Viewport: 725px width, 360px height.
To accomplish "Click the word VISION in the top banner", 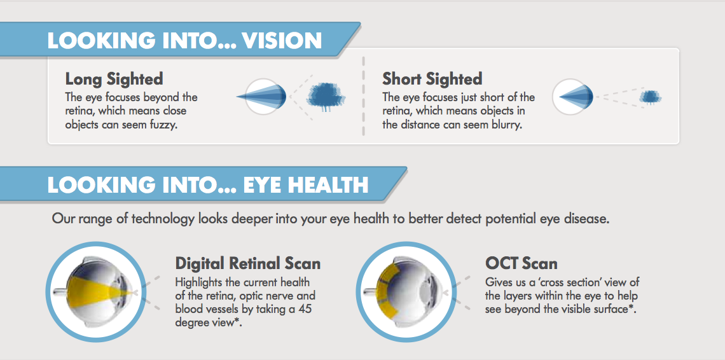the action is click(282, 41).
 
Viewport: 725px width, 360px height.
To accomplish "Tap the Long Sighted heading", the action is click(114, 79).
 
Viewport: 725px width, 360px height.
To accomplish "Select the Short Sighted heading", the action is click(432, 79).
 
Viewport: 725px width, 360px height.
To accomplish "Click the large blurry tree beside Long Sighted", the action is click(326, 97).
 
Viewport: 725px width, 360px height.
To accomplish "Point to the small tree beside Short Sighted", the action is click(651, 97).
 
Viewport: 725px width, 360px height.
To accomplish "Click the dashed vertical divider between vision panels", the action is click(363, 96).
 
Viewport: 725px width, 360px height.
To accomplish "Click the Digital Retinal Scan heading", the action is click(248, 263).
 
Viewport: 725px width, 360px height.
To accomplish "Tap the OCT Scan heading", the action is click(521, 263).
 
